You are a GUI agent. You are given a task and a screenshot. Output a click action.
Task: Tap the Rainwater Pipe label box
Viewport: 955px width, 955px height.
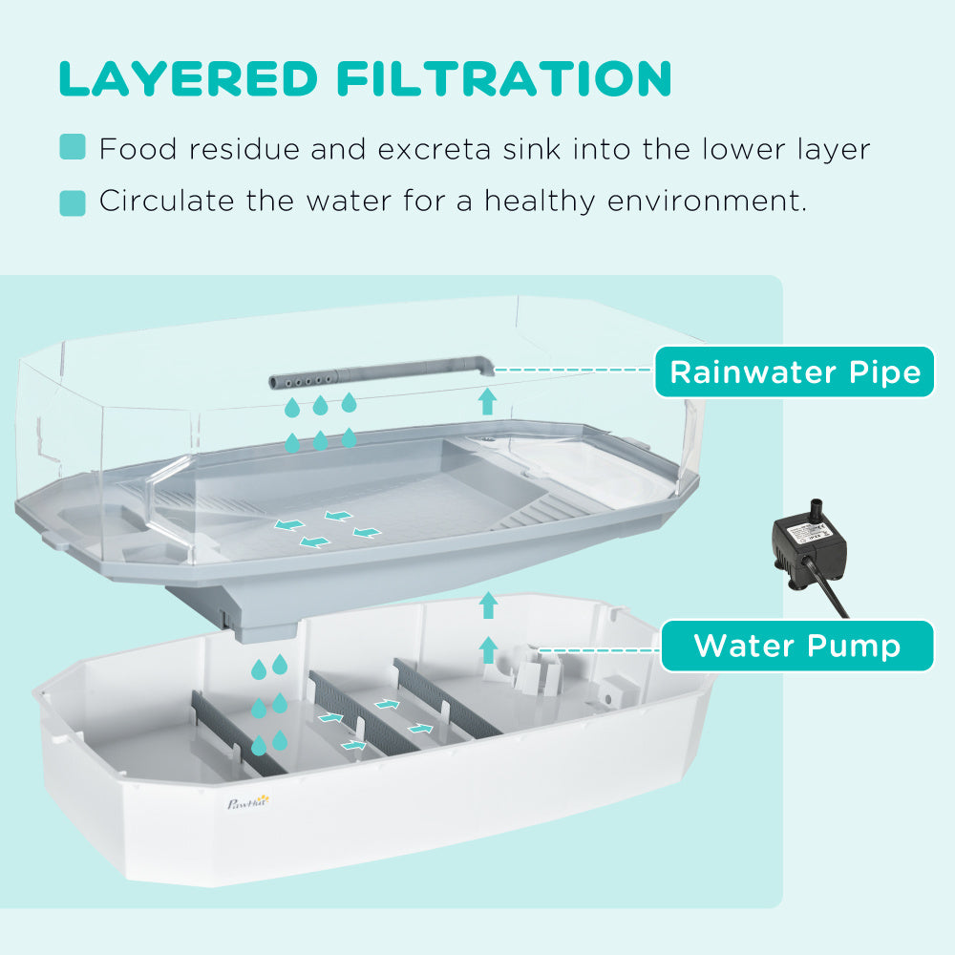[x=795, y=371]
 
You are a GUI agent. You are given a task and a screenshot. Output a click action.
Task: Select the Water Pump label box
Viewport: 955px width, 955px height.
[x=796, y=646]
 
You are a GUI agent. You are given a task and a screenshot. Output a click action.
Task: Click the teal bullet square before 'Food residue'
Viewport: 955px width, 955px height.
[x=73, y=148]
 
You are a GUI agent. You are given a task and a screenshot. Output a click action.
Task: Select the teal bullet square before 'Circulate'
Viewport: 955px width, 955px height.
[x=73, y=202]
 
